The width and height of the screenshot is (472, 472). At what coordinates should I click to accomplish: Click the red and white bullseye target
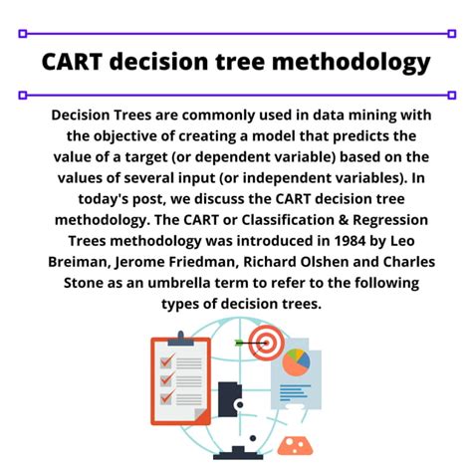[266, 344]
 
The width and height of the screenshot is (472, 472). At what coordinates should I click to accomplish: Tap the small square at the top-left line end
[21, 33]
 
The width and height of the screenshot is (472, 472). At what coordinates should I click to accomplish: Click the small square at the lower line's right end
[451, 95]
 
